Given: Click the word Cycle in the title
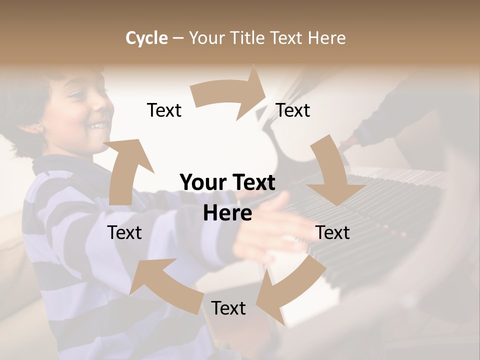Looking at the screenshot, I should [146, 38].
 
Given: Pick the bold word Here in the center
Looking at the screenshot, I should [227, 213].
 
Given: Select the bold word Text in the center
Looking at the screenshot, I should [253, 183].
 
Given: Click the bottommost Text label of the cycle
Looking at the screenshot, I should [228, 308].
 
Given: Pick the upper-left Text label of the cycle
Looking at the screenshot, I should [164, 110].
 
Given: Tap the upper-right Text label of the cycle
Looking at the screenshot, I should [293, 110].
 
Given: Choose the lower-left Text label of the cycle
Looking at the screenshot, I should [124, 232].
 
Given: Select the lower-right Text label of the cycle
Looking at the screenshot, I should [332, 232].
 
